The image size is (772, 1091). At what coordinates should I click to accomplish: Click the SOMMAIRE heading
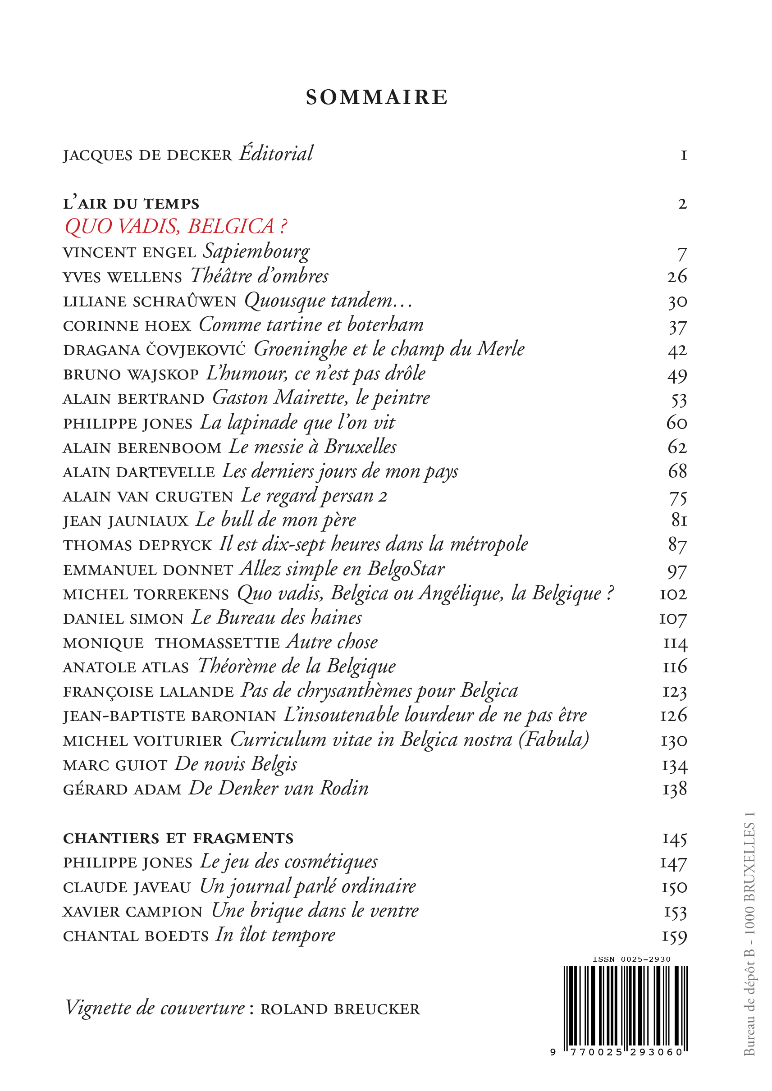tap(376, 97)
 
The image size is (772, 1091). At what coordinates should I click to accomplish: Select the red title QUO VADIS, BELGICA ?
tap(176, 227)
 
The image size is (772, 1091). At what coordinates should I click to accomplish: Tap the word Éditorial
tap(276, 154)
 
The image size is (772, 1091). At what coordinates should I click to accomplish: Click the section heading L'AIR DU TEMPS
tap(131, 204)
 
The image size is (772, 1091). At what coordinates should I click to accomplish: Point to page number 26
tap(677, 277)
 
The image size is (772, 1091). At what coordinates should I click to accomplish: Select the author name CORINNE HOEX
tap(127, 326)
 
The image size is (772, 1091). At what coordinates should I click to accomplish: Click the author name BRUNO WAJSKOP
tap(131, 374)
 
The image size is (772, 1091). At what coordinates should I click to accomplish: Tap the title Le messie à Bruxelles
tap(312, 447)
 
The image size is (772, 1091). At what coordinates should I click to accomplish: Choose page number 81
tap(679, 520)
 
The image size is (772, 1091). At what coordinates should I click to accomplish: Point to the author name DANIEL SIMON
tap(123, 619)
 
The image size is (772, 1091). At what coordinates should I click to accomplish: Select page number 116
tap(675, 667)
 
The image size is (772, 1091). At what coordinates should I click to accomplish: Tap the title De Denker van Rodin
tap(279, 789)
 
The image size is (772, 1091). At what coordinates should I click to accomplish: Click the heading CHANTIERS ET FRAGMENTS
tap(178, 839)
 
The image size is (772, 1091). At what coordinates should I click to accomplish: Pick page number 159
tap(675, 936)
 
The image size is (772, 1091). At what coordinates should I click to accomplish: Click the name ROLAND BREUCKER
tap(340, 1009)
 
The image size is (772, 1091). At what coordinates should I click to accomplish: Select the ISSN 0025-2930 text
tap(631, 959)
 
